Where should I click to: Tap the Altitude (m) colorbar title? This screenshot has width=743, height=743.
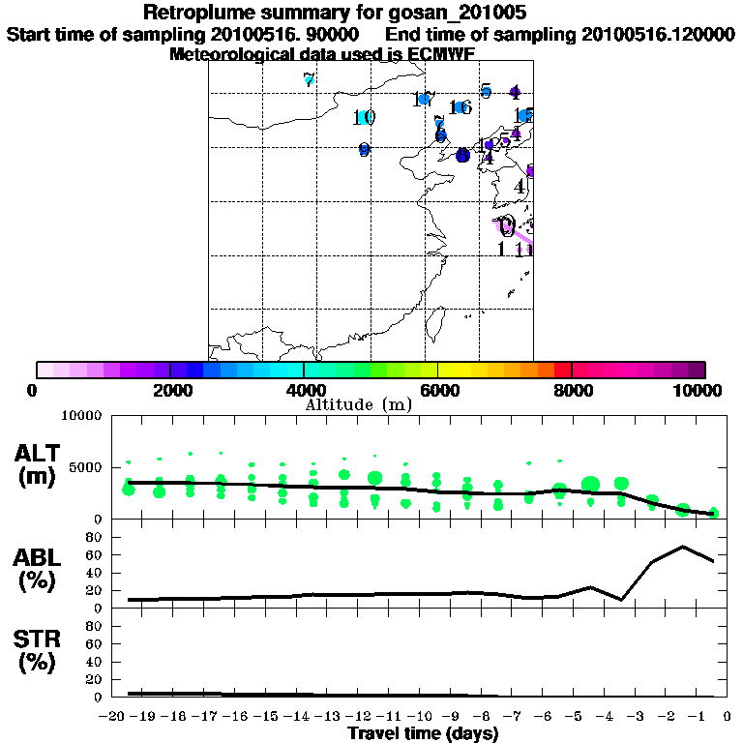pyautogui.click(x=358, y=404)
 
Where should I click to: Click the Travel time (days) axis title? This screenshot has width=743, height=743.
pyautogui.click(x=423, y=734)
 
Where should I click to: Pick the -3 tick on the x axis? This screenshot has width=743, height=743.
pyautogui.click(x=638, y=717)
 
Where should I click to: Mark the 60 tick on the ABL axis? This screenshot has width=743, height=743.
pyautogui.click(x=95, y=554)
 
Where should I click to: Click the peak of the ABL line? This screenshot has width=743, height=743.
pyautogui.click(x=683, y=547)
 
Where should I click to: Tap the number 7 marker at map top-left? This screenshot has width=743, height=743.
pyautogui.click(x=309, y=80)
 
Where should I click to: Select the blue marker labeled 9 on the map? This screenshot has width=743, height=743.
pyautogui.click(x=364, y=150)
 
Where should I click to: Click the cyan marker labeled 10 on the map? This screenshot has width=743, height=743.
pyautogui.click(x=364, y=118)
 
